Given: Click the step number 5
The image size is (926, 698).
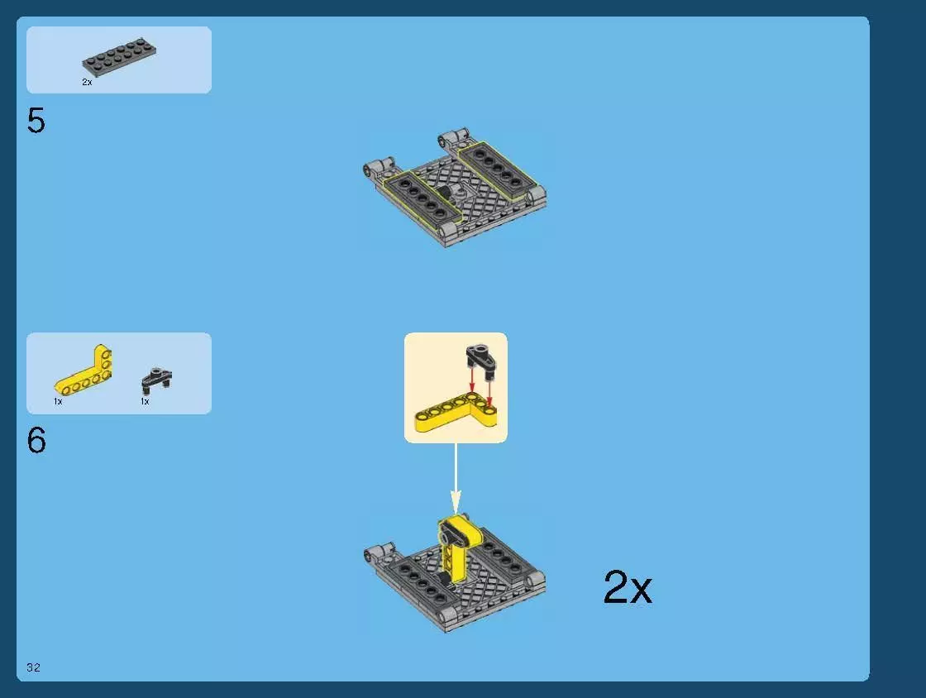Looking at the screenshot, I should point(36,122).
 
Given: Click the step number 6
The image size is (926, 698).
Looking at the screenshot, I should point(36,441).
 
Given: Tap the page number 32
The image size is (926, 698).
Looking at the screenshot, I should point(33,667).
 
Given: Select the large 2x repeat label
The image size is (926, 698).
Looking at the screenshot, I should point(628,588).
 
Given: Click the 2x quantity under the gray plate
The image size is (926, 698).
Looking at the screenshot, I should point(87,83).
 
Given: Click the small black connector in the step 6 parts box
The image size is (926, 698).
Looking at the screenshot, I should point(156,380).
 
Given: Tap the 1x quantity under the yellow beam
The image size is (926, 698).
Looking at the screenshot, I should point(58,401).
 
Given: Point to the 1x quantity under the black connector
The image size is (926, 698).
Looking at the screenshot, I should point(145,401).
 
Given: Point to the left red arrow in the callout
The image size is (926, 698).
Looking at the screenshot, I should point(472,380).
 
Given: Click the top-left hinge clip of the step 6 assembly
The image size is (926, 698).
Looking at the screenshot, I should point(374,552).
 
